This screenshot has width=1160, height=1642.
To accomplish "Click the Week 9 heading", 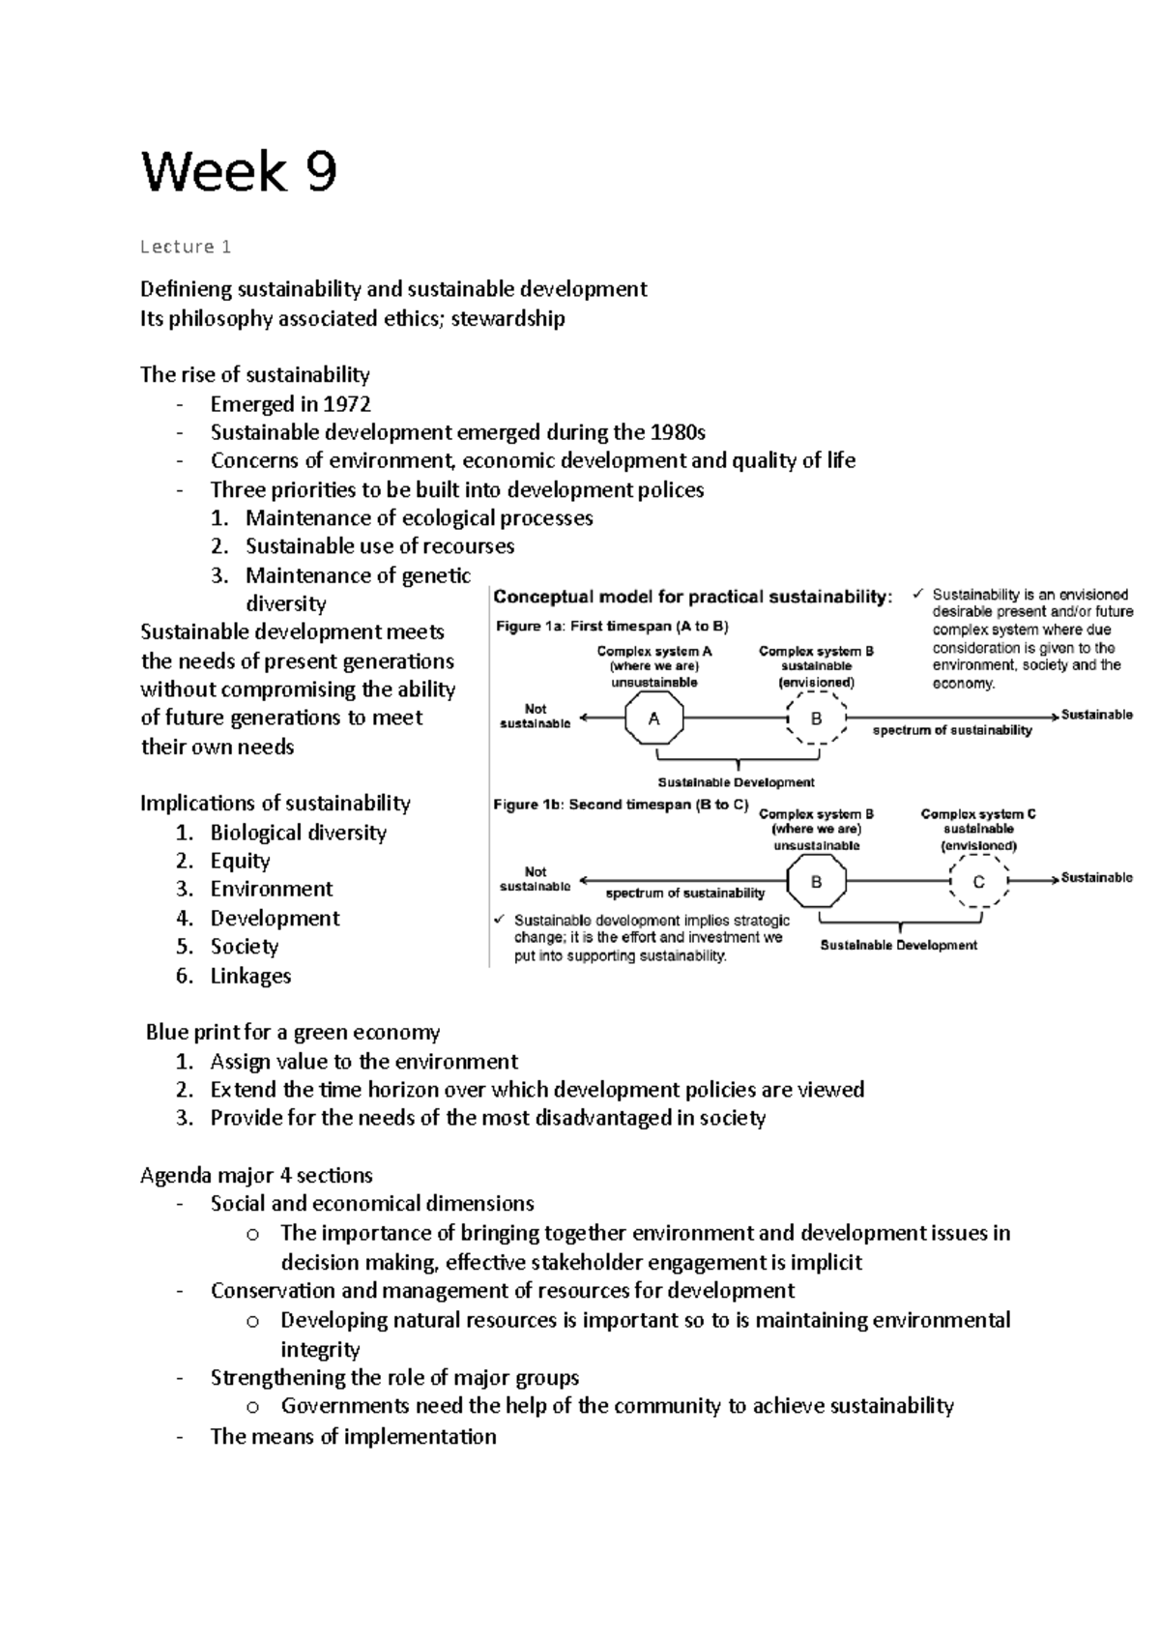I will coord(239,172).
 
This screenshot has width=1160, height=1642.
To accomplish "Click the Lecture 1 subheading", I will coord(186,247).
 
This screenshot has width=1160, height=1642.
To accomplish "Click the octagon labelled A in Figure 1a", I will coord(654,718).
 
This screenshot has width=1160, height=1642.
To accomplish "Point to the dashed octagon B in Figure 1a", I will coord(817,718).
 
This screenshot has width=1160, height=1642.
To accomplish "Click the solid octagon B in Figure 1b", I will coord(817,881).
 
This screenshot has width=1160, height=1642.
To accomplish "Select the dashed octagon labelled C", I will coord(978,881).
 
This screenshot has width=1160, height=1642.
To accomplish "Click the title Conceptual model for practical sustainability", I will coord(693,597).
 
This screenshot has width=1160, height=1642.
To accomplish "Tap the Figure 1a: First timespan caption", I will coord(612,627).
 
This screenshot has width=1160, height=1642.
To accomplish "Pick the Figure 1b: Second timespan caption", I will coord(621,805).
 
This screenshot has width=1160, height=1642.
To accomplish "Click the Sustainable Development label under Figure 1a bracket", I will coord(736,782).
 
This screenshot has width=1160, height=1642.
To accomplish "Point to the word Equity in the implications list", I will coord(240,861).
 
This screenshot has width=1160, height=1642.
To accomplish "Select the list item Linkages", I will coord(250,976).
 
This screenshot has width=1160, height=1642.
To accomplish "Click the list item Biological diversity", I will coord(298,833).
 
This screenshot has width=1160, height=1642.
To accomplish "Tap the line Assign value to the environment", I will coord(363,1062).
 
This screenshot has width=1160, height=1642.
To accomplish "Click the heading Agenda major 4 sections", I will coord(256,1175).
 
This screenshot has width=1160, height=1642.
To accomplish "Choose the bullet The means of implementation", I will coord(353,1436).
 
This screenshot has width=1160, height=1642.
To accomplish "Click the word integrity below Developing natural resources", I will coord(320,1349).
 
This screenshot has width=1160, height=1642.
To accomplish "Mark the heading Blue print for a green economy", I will coord(293,1032).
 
